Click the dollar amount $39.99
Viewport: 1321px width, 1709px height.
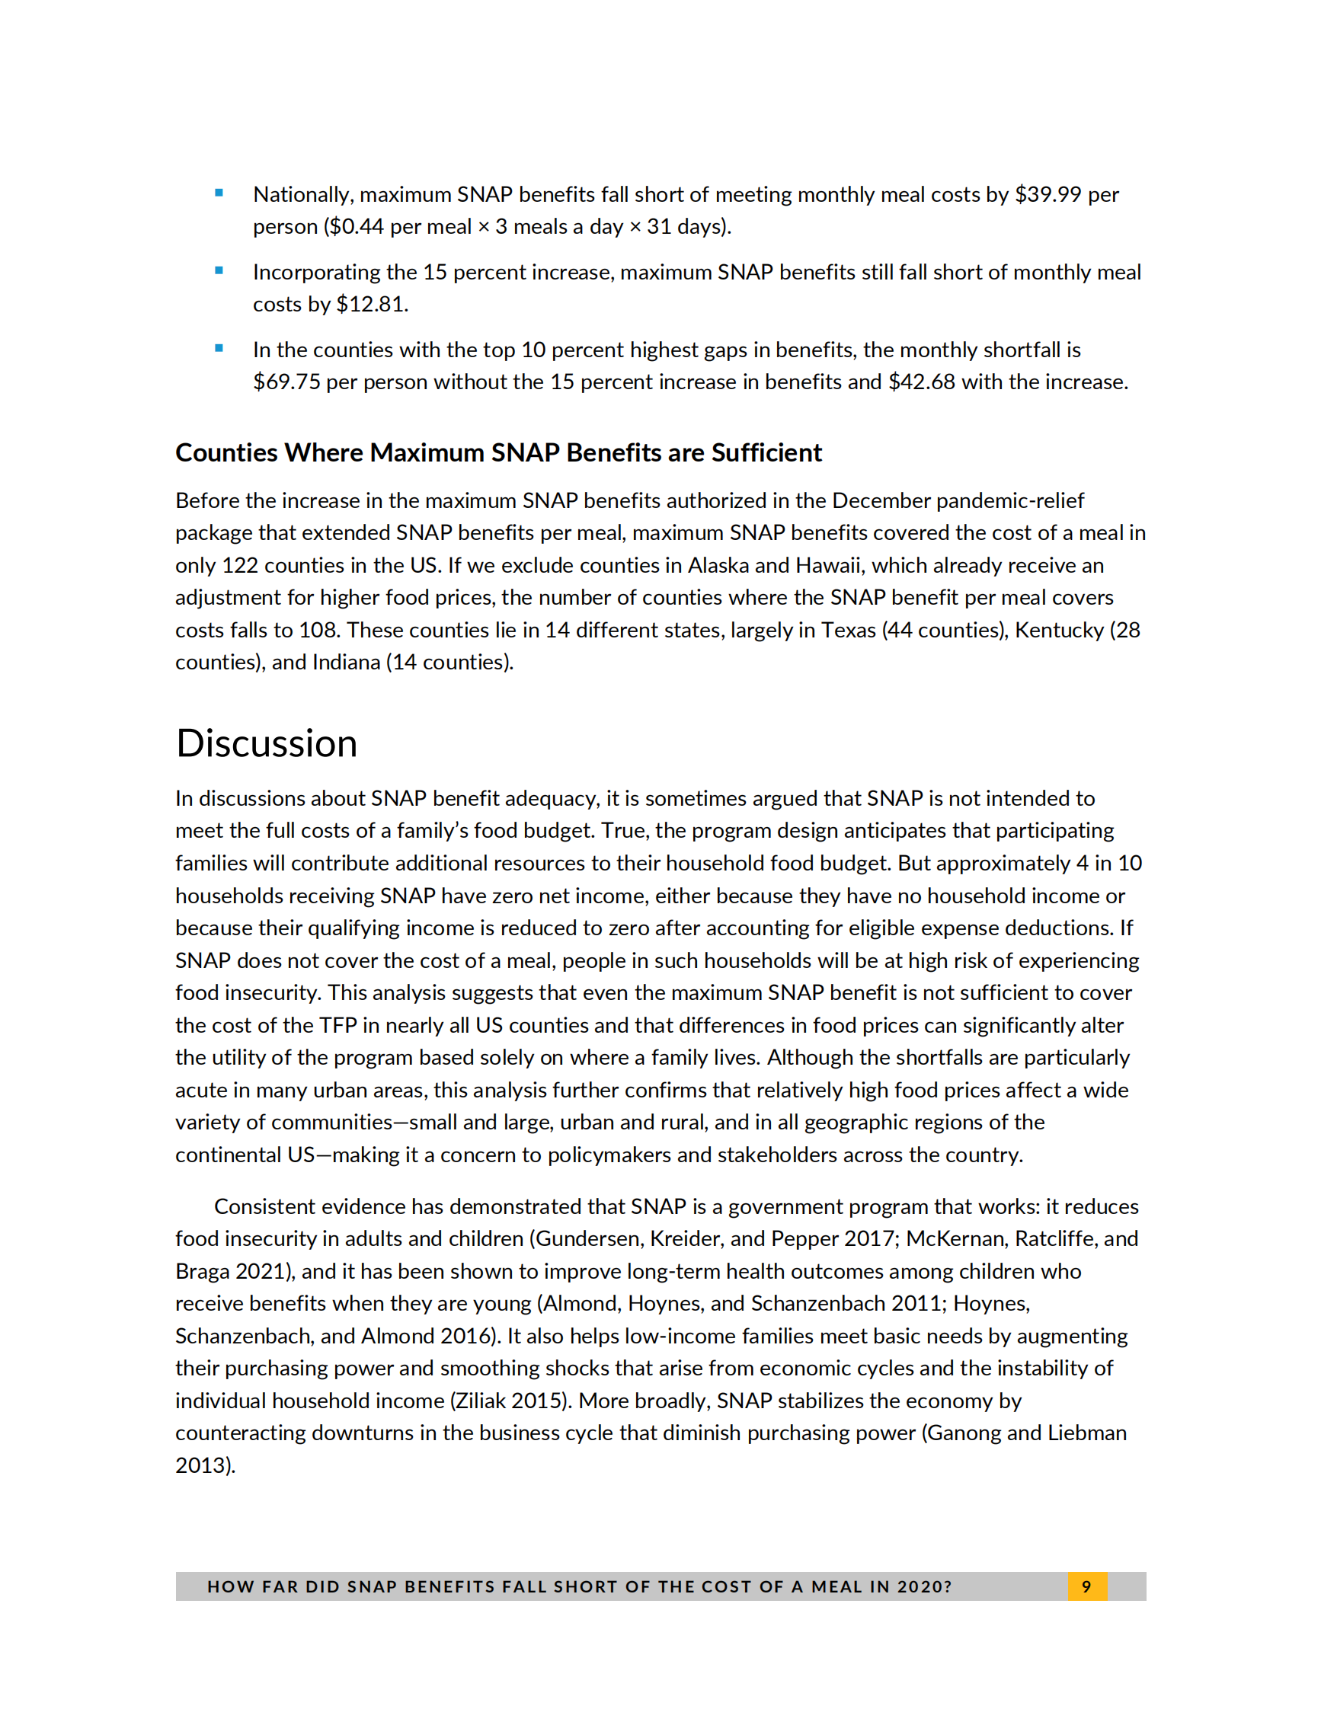point(1047,194)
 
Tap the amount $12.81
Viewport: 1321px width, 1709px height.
point(371,304)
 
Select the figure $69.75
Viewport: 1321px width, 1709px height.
point(286,382)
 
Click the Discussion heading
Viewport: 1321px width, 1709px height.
point(266,743)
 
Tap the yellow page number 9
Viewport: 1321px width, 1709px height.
point(1086,1586)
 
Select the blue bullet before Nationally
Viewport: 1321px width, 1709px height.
point(219,193)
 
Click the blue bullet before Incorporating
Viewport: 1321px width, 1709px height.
point(219,271)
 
